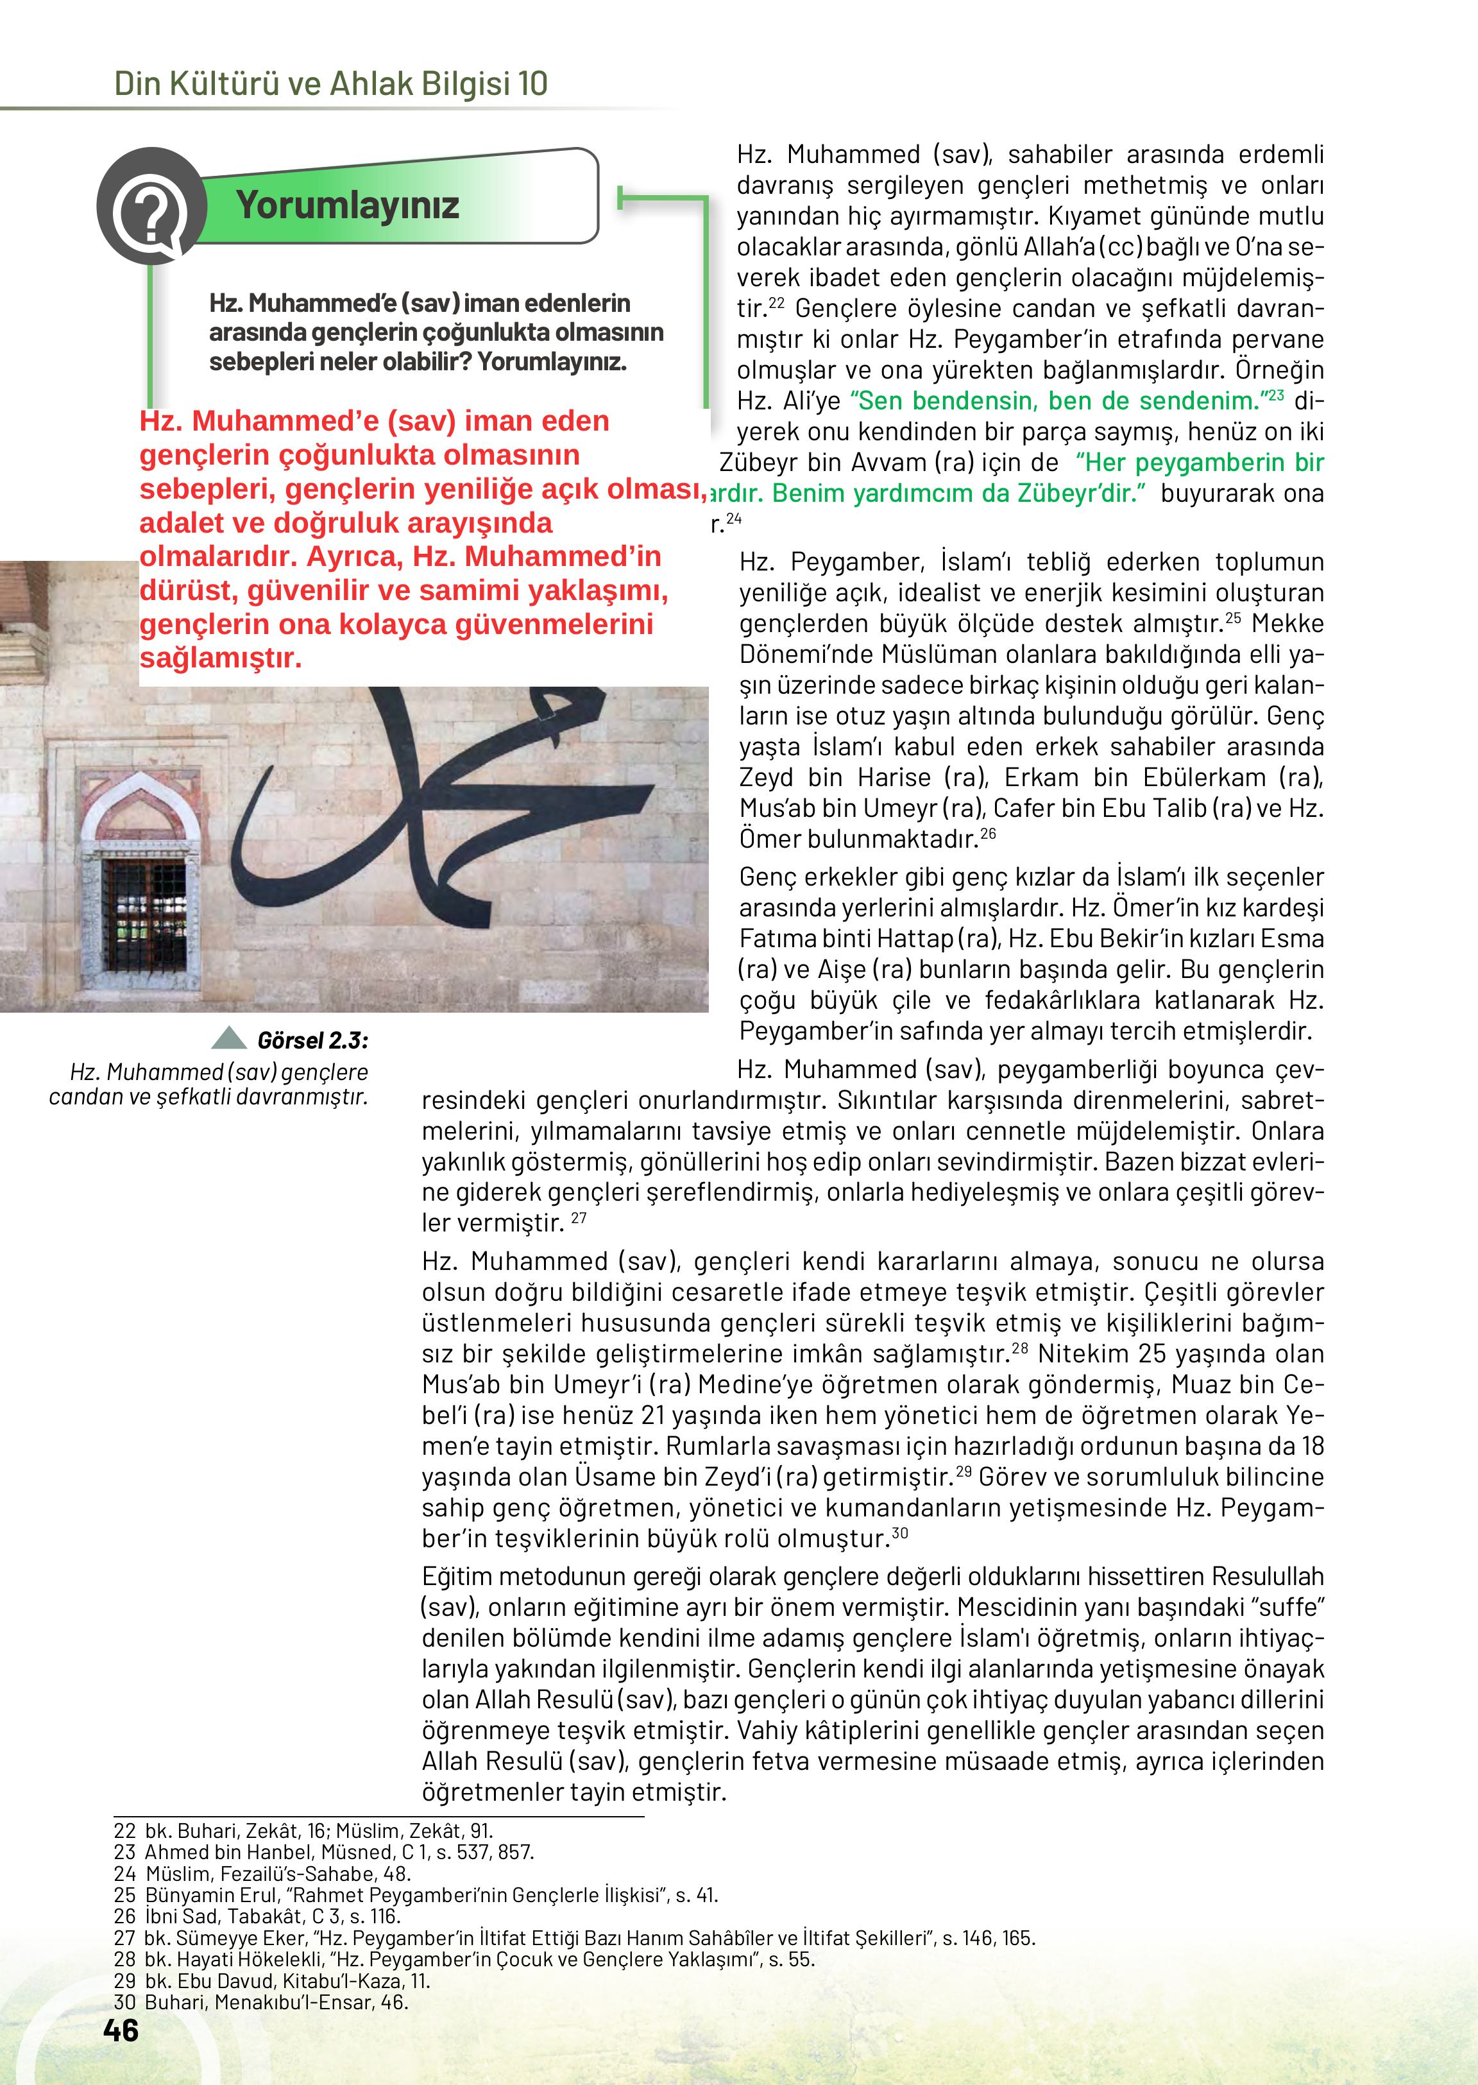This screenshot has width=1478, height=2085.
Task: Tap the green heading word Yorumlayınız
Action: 348,205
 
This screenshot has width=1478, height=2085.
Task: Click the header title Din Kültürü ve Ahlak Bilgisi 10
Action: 330,84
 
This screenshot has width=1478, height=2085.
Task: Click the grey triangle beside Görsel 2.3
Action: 228,1038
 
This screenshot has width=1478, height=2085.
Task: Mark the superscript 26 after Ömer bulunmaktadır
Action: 989,833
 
